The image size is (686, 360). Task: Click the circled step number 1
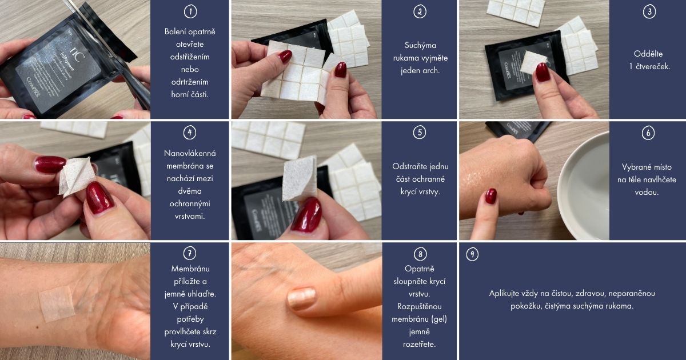pyautogui.click(x=190, y=11)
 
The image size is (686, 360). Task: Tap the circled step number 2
pyautogui.click(x=420, y=11)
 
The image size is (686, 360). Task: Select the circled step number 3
pyautogui.click(x=649, y=11)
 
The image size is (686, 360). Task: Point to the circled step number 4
pyautogui.click(x=190, y=133)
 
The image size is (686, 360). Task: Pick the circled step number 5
pyautogui.click(x=420, y=133)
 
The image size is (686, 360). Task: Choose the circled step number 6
pyautogui.click(x=648, y=133)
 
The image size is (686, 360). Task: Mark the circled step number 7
pyautogui.click(x=190, y=254)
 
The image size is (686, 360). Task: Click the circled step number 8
pyautogui.click(x=420, y=254)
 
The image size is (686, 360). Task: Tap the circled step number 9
pyautogui.click(x=472, y=254)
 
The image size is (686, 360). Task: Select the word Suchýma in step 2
pyautogui.click(x=420, y=46)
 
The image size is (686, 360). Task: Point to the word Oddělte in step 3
pyautogui.click(x=648, y=54)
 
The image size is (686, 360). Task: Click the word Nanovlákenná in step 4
pyautogui.click(x=190, y=153)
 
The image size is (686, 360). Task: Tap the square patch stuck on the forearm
pyautogui.click(x=57, y=303)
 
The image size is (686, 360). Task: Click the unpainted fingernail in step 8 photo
pyautogui.click(x=301, y=298)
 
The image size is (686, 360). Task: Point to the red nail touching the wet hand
pyautogui.click(x=490, y=196)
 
